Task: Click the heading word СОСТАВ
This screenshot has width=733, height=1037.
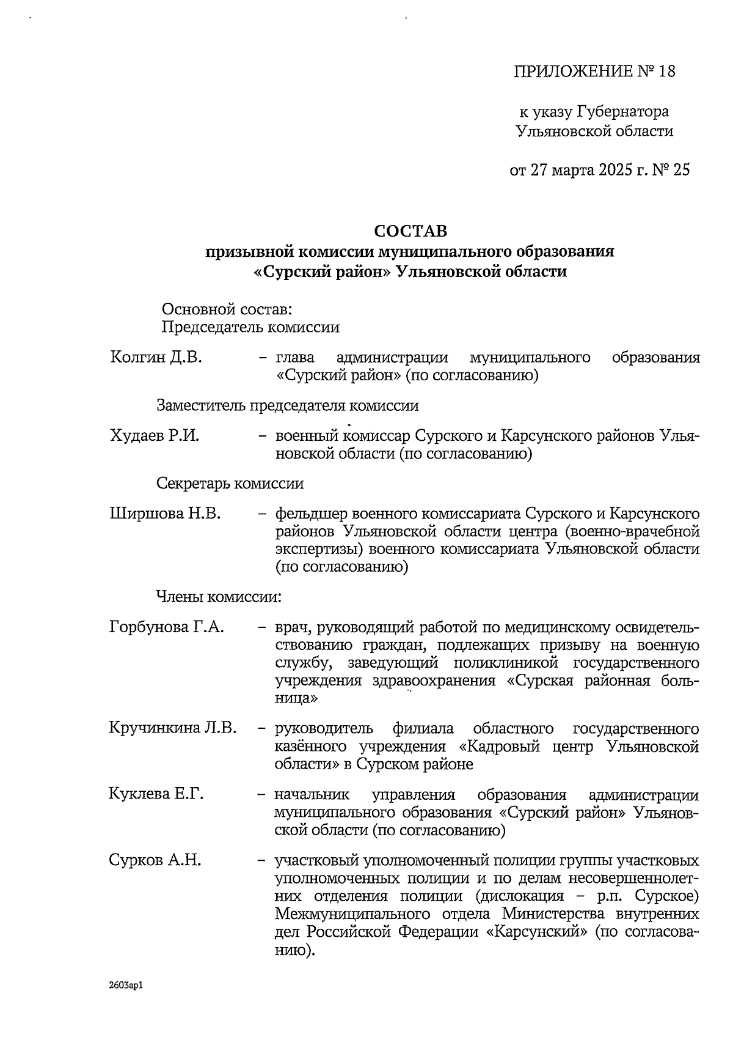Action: pyautogui.click(x=410, y=231)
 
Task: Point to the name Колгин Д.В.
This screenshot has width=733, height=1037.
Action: pyautogui.click(x=156, y=358)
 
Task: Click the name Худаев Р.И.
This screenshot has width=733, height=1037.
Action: pyautogui.click(x=155, y=436)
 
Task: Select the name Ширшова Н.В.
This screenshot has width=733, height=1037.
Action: pyautogui.click(x=165, y=514)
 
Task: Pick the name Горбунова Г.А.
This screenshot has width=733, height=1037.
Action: pyautogui.click(x=167, y=627)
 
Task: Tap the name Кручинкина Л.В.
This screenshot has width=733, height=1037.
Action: pyautogui.click(x=173, y=728)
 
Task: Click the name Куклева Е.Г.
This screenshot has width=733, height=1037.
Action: pyautogui.click(x=156, y=794)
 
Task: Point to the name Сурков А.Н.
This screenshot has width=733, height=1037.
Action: pyautogui.click(x=155, y=860)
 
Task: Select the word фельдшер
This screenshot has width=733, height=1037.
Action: pyautogui.click(x=311, y=514)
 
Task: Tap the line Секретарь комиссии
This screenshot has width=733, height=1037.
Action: pyautogui.click(x=230, y=484)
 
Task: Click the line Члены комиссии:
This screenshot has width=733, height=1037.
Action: pyautogui.click(x=219, y=597)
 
